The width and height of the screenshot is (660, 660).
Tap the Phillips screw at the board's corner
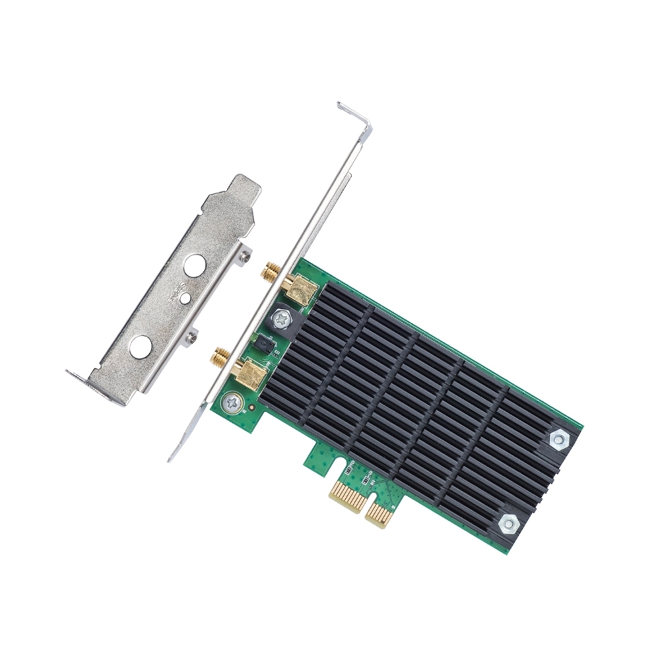point(231,401)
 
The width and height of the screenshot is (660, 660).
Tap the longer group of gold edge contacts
point(348,496)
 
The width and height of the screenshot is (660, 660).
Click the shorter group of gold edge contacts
point(379,512)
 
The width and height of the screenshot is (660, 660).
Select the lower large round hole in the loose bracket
point(141,346)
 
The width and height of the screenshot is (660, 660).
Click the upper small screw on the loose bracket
point(246,255)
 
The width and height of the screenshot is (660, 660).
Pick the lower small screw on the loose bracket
point(191,337)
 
